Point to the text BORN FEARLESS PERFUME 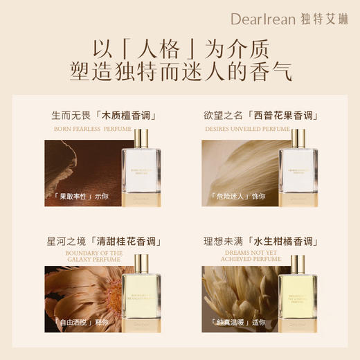[x=102, y=129]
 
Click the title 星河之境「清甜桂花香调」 [x=102, y=242]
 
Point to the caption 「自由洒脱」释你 [x=78, y=322]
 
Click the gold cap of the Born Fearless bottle [x=141, y=139]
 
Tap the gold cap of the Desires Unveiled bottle [x=298, y=139]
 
